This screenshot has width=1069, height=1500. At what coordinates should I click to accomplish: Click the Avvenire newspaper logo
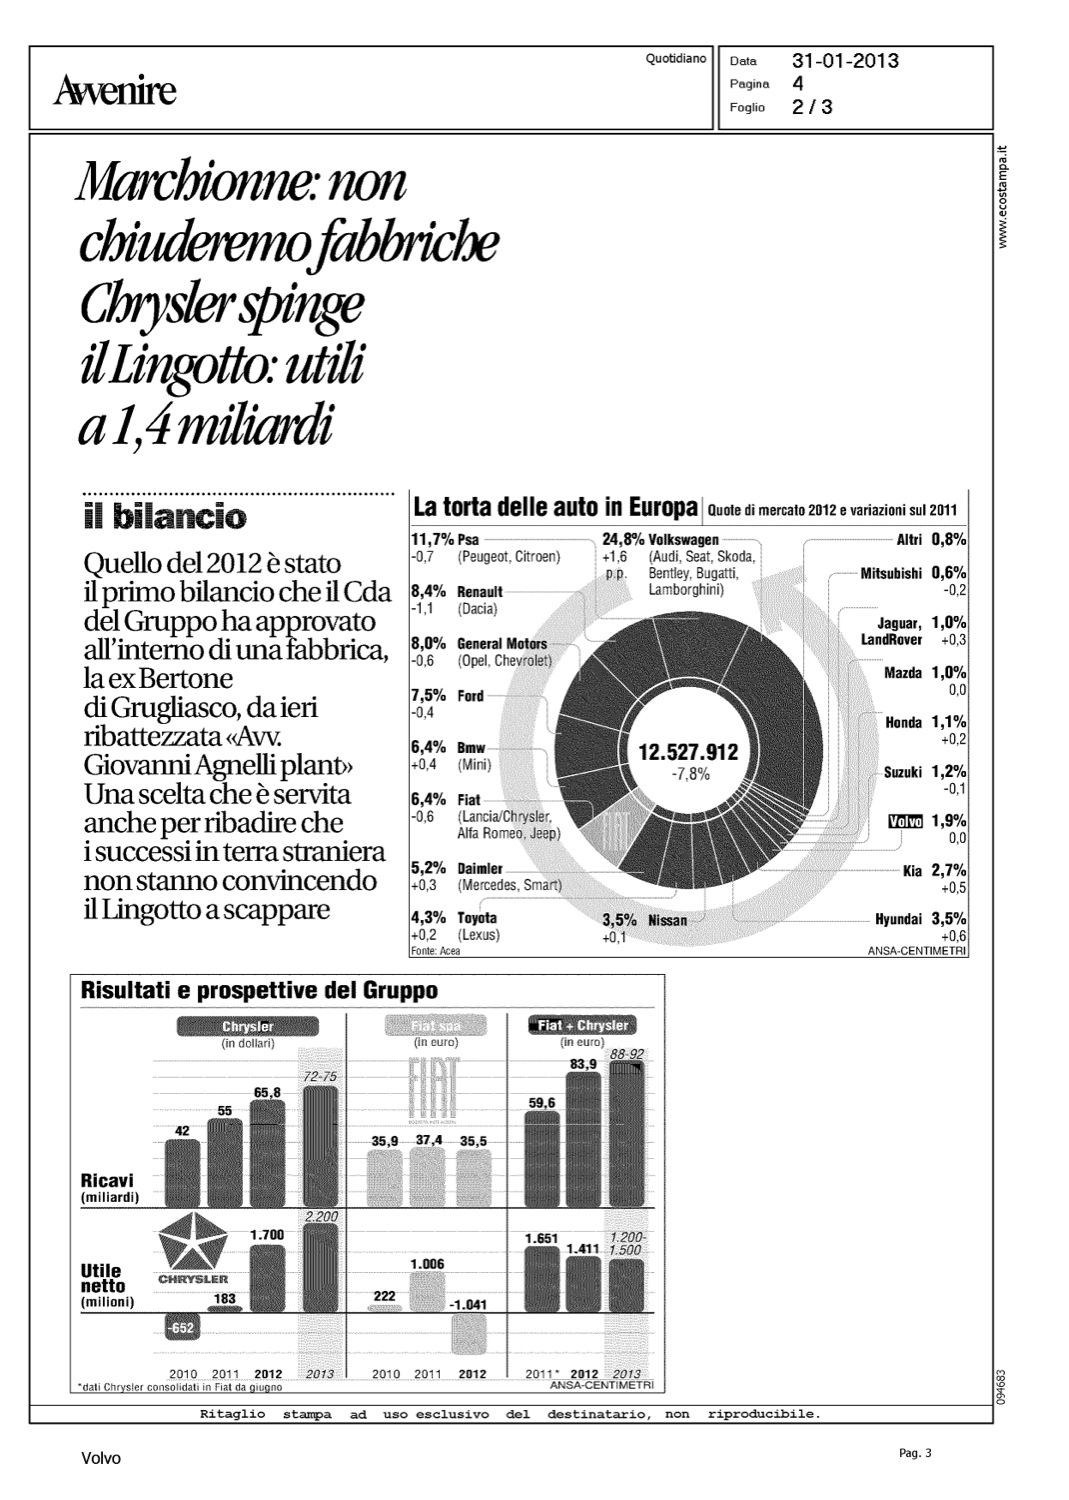tap(116, 92)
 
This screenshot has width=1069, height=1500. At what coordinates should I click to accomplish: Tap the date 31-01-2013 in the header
tap(845, 61)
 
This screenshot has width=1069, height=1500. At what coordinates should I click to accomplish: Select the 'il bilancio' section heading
tap(164, 518)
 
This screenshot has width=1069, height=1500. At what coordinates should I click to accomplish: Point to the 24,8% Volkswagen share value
tap(623, 540)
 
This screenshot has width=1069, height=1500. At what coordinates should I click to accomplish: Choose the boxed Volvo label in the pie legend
tap(905, 822)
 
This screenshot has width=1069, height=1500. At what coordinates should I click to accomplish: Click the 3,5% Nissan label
tap(644, 920)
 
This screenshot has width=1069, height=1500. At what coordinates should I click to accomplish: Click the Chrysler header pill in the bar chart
tap(247, 1027)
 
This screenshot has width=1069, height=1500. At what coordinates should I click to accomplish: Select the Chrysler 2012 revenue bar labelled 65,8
tap(267, 1150)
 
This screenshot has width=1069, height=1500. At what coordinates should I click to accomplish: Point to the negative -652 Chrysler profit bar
tap(181, 1328)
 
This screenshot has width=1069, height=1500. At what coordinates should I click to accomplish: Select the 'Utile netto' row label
tap(104, 1279)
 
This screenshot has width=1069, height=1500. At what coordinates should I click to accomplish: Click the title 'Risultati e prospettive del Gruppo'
tap(259, 991)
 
